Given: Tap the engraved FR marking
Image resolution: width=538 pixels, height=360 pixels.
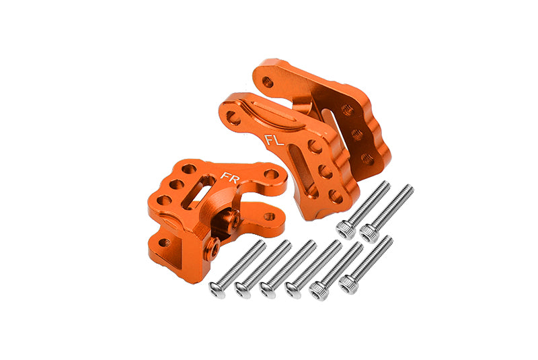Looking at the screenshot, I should tap(229, 178).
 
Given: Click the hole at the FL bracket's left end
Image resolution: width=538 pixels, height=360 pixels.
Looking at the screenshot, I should tap(233, 118).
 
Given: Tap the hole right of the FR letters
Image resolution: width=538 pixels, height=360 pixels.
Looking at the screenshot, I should tap(270, 174).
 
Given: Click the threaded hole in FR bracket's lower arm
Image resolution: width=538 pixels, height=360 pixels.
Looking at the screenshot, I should tap(270, 217).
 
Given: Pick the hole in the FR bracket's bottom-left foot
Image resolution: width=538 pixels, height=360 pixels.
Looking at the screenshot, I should tap(163, 242).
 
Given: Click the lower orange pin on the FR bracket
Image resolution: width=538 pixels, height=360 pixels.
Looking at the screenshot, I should tap(213, 250).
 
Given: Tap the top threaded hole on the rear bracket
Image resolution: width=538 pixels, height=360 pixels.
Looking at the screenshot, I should tap(348, 110).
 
